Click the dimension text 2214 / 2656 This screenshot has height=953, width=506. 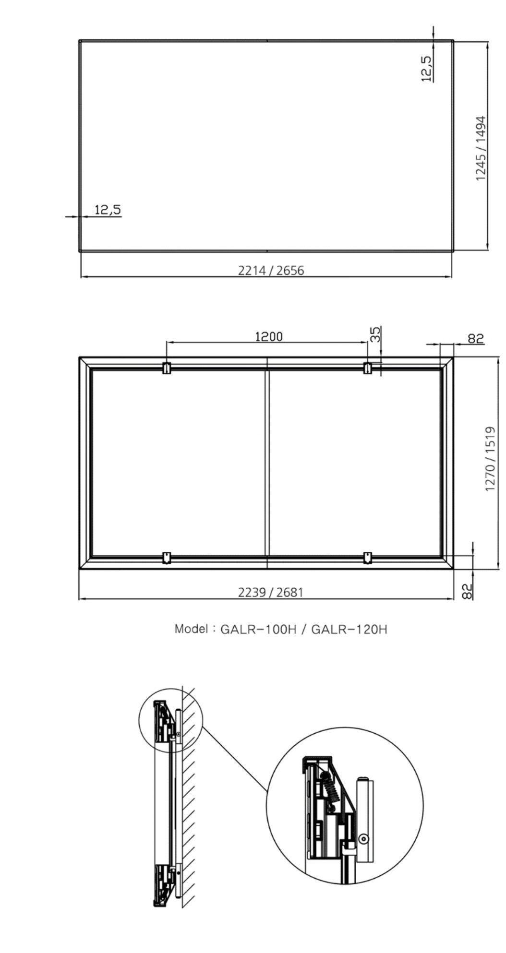click(271, 271)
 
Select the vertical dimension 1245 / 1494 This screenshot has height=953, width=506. click(481, 148)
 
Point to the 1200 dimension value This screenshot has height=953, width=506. click(269, 337)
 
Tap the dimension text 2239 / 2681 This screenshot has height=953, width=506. click(271, 593)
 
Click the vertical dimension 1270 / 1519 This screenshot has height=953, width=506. click(491, 459)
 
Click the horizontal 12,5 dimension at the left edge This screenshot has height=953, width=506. click(108, 210)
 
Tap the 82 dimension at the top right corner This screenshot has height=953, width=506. click(476, 339)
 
